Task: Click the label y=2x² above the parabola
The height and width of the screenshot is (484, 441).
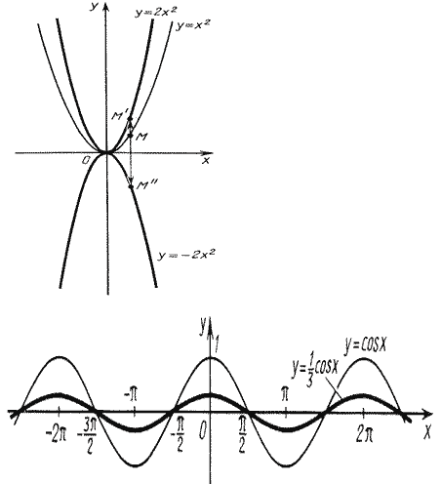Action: [x=156, y=12]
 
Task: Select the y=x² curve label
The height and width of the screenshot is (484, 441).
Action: [x=192, y=25]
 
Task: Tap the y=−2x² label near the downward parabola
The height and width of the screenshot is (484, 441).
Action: [x=186, y=254]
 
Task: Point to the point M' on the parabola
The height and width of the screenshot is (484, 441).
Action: [x=130, y=118]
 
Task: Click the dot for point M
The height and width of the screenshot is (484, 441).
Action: [x=131, y=136]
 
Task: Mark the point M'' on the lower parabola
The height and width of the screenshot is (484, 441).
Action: [x=131, y=186]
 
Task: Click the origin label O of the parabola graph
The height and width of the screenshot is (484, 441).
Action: [x=86, y=160]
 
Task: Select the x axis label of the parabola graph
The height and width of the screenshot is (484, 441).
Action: [x=206, y=160]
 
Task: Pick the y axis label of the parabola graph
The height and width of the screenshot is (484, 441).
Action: [x=94, y=7]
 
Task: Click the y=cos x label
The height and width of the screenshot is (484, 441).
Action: [x=366, y=344]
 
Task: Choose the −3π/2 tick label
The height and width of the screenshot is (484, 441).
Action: [x=87, y=438]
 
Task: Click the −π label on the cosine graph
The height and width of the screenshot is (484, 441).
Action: [x=131, y=393]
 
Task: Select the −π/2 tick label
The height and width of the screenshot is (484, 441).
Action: [x=178, y=436]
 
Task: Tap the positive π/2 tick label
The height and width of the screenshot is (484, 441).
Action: [x=242, y=436]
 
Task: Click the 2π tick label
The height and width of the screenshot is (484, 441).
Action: [x=364, y=434]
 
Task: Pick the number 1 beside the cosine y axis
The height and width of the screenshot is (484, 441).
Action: [x=217, y=344]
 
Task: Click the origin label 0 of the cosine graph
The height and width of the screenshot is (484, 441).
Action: [x=202, y=431]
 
